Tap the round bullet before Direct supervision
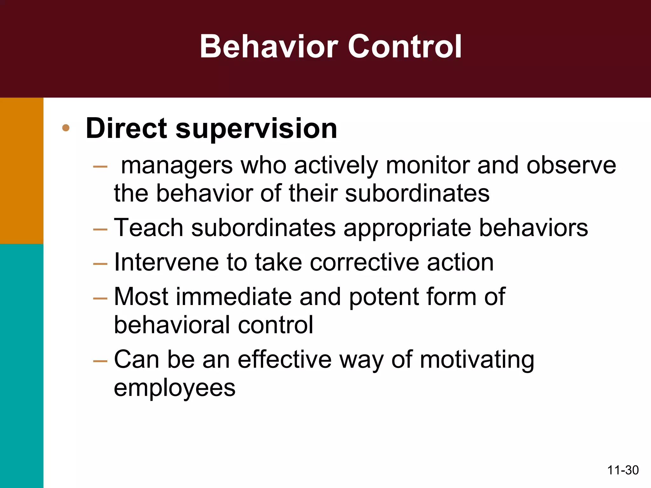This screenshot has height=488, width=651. (x=66, y=128)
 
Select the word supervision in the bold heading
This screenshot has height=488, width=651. (x=256, y=129)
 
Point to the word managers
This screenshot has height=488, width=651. (x=177, y=166)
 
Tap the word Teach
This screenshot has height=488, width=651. (x=148, y=227)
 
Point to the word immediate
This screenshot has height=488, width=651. (x=234, y=296)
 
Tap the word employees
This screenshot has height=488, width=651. (x=175, y=388)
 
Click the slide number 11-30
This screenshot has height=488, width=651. (x=623, y=470)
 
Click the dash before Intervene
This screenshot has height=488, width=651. (x=100, y=264)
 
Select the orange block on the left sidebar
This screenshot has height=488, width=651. (x=22, y=171)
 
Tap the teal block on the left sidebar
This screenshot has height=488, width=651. (x=22, y=365)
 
